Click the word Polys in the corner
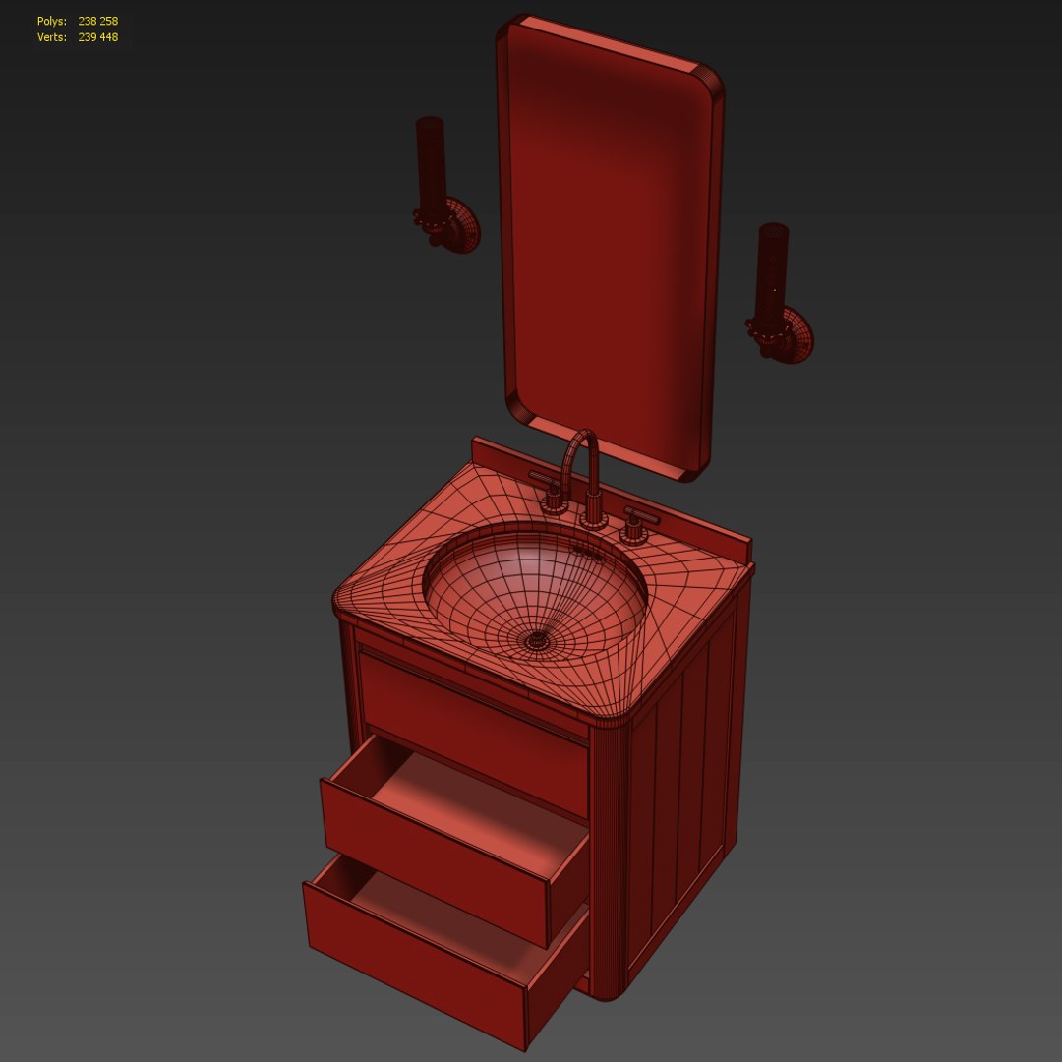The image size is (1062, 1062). [51, 21]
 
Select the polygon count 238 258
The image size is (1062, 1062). [98, 21]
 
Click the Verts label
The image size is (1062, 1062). [52, 37]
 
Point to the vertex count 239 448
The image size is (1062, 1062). [98, 37]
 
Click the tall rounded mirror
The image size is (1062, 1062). [610, 246]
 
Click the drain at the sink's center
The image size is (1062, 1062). [537, 640]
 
